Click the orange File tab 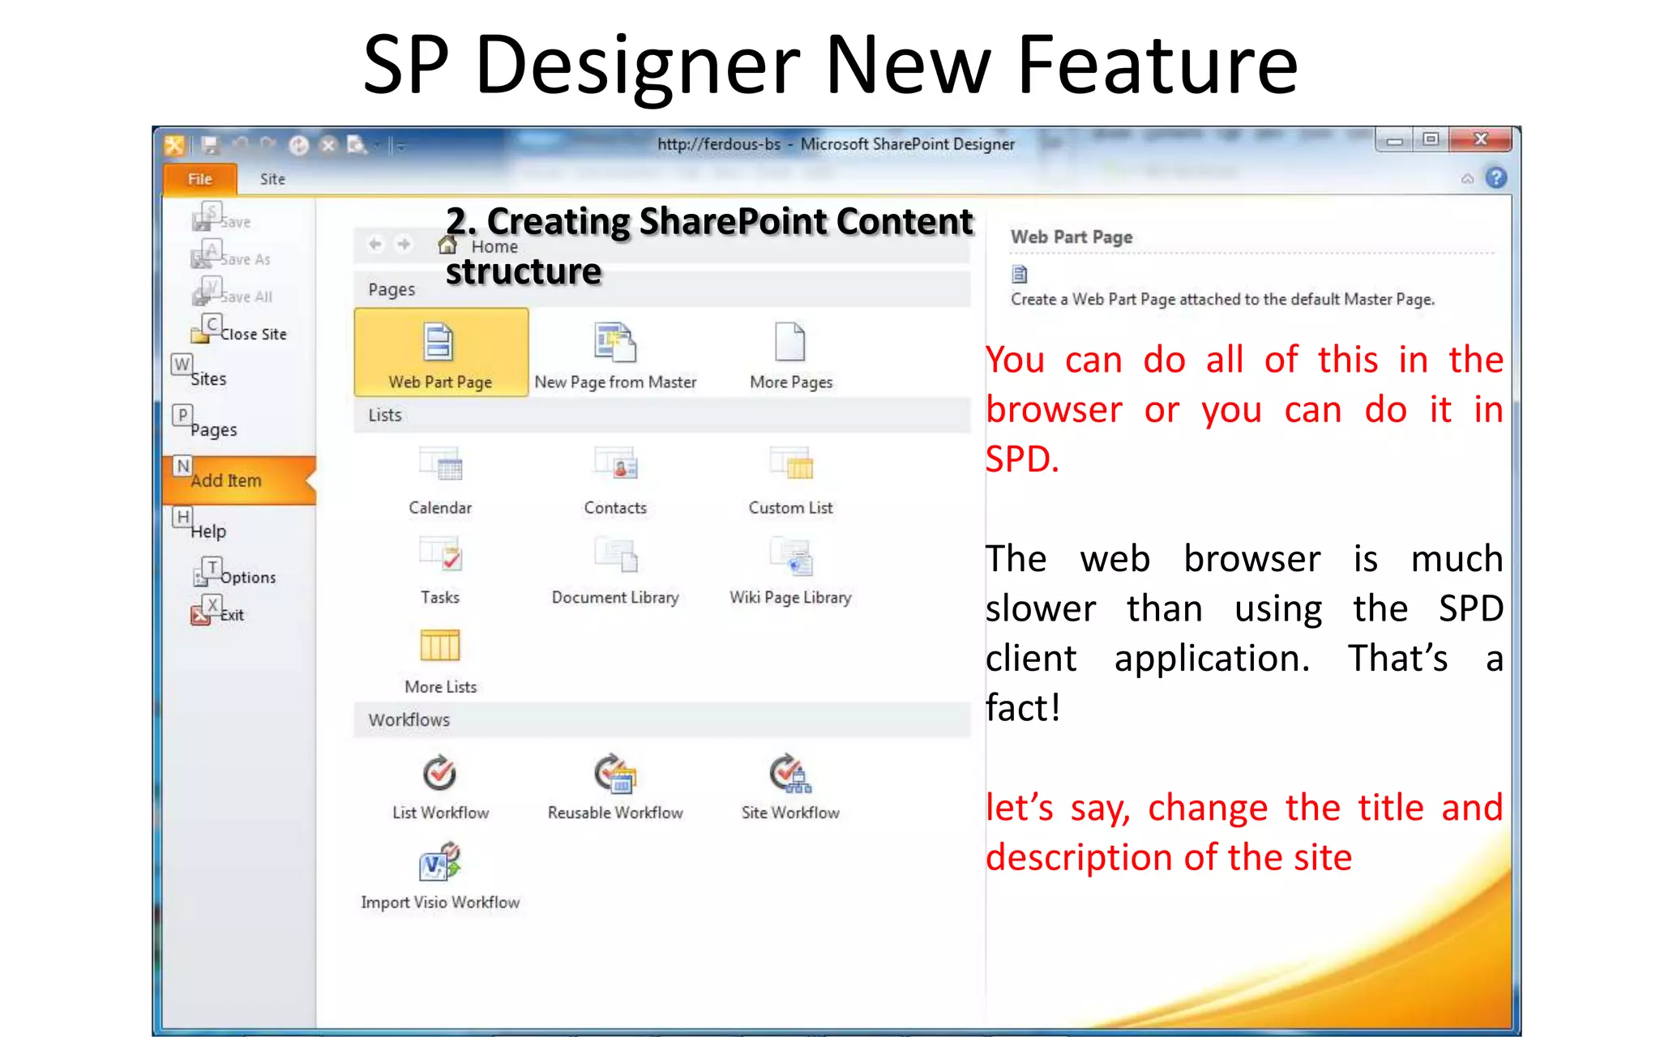click(199, 179)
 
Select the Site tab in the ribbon click(272, 179)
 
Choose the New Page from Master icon click(615, 343)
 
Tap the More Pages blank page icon click(789, 342)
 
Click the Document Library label click(615, 597)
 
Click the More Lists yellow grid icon click(440, 646)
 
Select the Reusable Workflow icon click(615, 774)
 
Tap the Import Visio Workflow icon click(440, 863)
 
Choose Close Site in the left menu click(252, 334)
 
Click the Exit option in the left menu click(231, 615)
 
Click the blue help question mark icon click(1496, 177)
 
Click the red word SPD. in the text click(1022, 459)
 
